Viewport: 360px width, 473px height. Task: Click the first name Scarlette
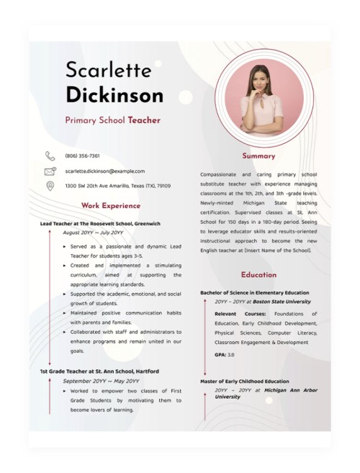[x=108, y=70]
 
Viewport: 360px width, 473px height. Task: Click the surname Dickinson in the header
[x=114, y=94]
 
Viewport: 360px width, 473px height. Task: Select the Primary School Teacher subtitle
[x=112, y=121]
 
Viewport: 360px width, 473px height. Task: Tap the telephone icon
[x=50, y=156]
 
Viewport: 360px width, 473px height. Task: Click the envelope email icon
[x=50, y=171]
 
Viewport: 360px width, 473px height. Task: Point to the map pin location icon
[x=50, y=186]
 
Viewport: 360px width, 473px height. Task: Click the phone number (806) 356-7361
[x=82, y=156]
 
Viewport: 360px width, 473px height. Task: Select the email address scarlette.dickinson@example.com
[x=104, y=171]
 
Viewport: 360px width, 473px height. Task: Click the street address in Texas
[x=117, y=186]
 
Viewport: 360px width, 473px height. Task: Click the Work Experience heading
[x=110, y=206]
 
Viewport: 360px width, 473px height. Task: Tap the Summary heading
[x=258, y=156]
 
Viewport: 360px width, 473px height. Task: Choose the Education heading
[x=258, y=274]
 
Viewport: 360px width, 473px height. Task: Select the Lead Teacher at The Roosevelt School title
[x=100, y=224]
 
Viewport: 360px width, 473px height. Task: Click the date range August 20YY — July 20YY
[x=93, y=233]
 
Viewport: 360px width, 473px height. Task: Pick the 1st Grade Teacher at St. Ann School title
[x=99, y=371]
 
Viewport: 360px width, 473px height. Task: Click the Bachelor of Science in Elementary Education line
[x=254, y=293]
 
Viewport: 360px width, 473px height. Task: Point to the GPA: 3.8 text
[x=224, y=355]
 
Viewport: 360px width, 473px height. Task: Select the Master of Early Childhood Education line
[x=244, y=382]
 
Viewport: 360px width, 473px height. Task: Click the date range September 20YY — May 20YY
[x=101, y=381]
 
